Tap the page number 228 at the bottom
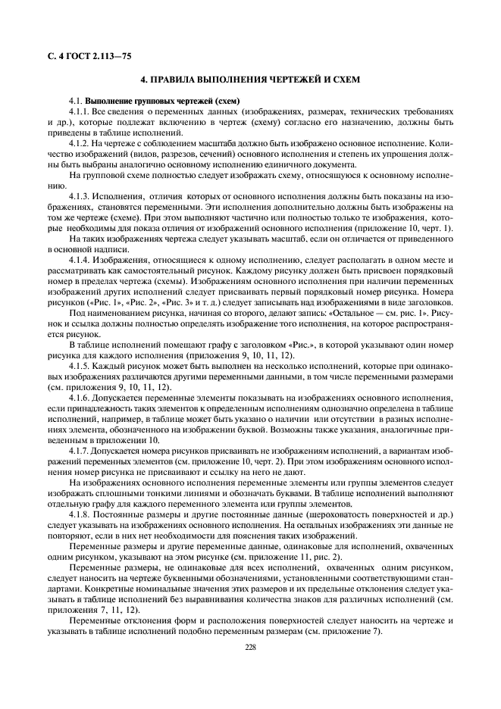250,646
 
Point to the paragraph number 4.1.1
80,111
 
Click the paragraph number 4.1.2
80,142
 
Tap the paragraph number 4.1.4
80,260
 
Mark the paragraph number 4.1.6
80,397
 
